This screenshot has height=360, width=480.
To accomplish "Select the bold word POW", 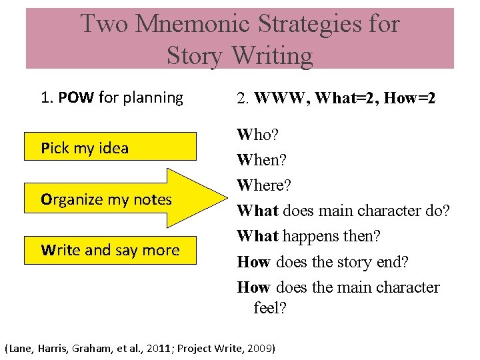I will pos(76,97).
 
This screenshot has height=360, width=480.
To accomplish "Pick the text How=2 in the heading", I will pos(412,99).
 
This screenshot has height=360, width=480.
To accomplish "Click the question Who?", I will pos(258,135).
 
